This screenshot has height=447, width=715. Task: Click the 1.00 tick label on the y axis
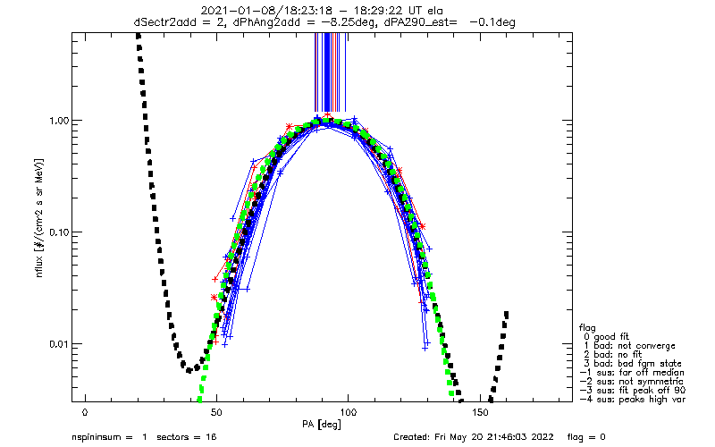[58, 121]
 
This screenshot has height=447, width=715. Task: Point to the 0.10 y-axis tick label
[58, 232]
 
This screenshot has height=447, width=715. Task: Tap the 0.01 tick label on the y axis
[58, 344]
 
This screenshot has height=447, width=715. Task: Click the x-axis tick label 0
[85, 412]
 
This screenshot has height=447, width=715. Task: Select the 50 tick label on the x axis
[216, 412]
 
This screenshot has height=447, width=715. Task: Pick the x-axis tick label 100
[348, 412]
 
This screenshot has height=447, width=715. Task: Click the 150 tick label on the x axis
[480, 412]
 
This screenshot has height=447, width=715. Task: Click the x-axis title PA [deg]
[321, 425]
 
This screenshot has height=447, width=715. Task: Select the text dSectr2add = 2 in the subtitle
[180, 22]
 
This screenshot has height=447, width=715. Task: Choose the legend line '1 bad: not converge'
[629, 346]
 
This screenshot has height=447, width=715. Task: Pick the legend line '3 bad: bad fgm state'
[633, 364]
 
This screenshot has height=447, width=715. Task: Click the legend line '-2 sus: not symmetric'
[632, 382]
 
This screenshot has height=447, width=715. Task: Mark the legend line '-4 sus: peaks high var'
[633, 400]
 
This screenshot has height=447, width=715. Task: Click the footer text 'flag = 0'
[586, 437]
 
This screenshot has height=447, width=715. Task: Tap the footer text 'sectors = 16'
[187, 437]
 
